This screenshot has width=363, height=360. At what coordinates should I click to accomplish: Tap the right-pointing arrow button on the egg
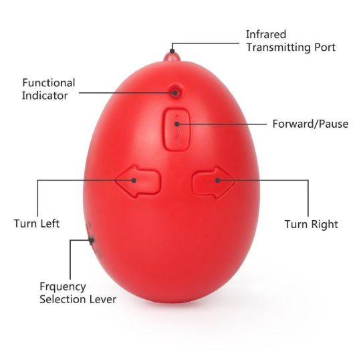pyautogui.click(x=214, y=182)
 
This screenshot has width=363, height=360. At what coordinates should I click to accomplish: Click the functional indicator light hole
pyautogui.click(x=175, y=92)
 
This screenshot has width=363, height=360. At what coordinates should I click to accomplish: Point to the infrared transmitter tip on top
pyautogui.click(x=172, y=57)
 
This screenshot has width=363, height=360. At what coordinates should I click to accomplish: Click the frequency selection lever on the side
pyautogui.click(x=92, y=240)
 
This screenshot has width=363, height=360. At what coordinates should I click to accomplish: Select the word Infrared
pyautogui.click(x=266, y=35)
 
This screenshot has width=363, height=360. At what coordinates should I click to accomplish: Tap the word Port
pyautogui.click(x=325, y=48)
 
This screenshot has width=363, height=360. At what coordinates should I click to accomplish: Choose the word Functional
pyautogui.click(x=49, y=83)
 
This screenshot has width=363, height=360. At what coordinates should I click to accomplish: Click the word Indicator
pyautogui.click(x=45, y=96)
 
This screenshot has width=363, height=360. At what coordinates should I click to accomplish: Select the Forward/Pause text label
pyautogui.click(x=310, y=124)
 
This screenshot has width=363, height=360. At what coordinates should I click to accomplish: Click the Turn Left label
pyautogui.click(x=37, y=223)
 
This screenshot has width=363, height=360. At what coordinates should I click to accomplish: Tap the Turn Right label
pyautogui.click(x=311, y=224)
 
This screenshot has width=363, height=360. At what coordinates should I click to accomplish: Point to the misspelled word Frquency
pyautogui.click(x=63, y=287)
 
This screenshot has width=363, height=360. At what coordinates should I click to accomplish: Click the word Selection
pyautogui.click(x=62, y=299)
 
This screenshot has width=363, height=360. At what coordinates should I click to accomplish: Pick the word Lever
pyautogui.click(x=102, y=299)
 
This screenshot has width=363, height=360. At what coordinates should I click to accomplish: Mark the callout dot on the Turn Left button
pyautogui.click(x=134, y=180)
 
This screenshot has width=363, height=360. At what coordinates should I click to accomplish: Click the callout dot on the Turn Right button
pyautogui.click(x=218, y=180)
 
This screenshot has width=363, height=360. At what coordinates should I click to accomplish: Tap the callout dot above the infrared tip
pyautogui.click(x=172, y=51)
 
